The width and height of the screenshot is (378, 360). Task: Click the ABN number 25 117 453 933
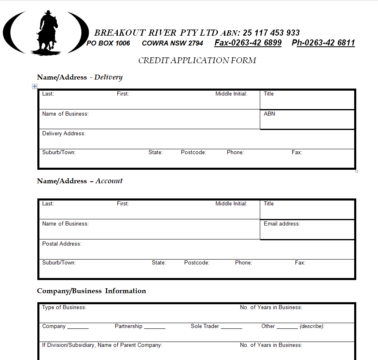click(271, 33)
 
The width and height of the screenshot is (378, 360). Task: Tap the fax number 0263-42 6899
click(248, 43)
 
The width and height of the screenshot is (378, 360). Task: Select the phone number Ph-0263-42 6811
click(323, 43)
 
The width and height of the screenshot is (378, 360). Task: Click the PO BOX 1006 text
click(108, 43)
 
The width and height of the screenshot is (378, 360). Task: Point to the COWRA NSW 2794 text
click(172, 43)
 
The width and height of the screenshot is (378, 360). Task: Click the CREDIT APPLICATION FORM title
click(197, 61)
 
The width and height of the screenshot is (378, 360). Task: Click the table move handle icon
click(35, 86)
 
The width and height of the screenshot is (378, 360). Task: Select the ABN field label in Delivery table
click(269, 114)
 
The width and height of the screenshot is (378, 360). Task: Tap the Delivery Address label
click(64, 133)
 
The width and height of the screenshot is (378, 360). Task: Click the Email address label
click(282, 223)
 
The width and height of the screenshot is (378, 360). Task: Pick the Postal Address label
click(62, 244)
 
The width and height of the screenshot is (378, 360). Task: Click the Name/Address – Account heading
click(80, 181)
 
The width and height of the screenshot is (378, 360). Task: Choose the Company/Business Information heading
click(91, 291)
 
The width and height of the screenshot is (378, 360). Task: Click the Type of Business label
click(64, 307)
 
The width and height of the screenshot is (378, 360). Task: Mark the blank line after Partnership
click(155, 328)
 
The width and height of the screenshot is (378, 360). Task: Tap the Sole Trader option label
click(205, 326)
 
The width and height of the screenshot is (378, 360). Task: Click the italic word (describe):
click(312, 326)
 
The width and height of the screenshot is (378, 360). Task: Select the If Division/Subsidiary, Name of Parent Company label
click(102, 345)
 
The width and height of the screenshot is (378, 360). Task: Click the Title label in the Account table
click(268, 203)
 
